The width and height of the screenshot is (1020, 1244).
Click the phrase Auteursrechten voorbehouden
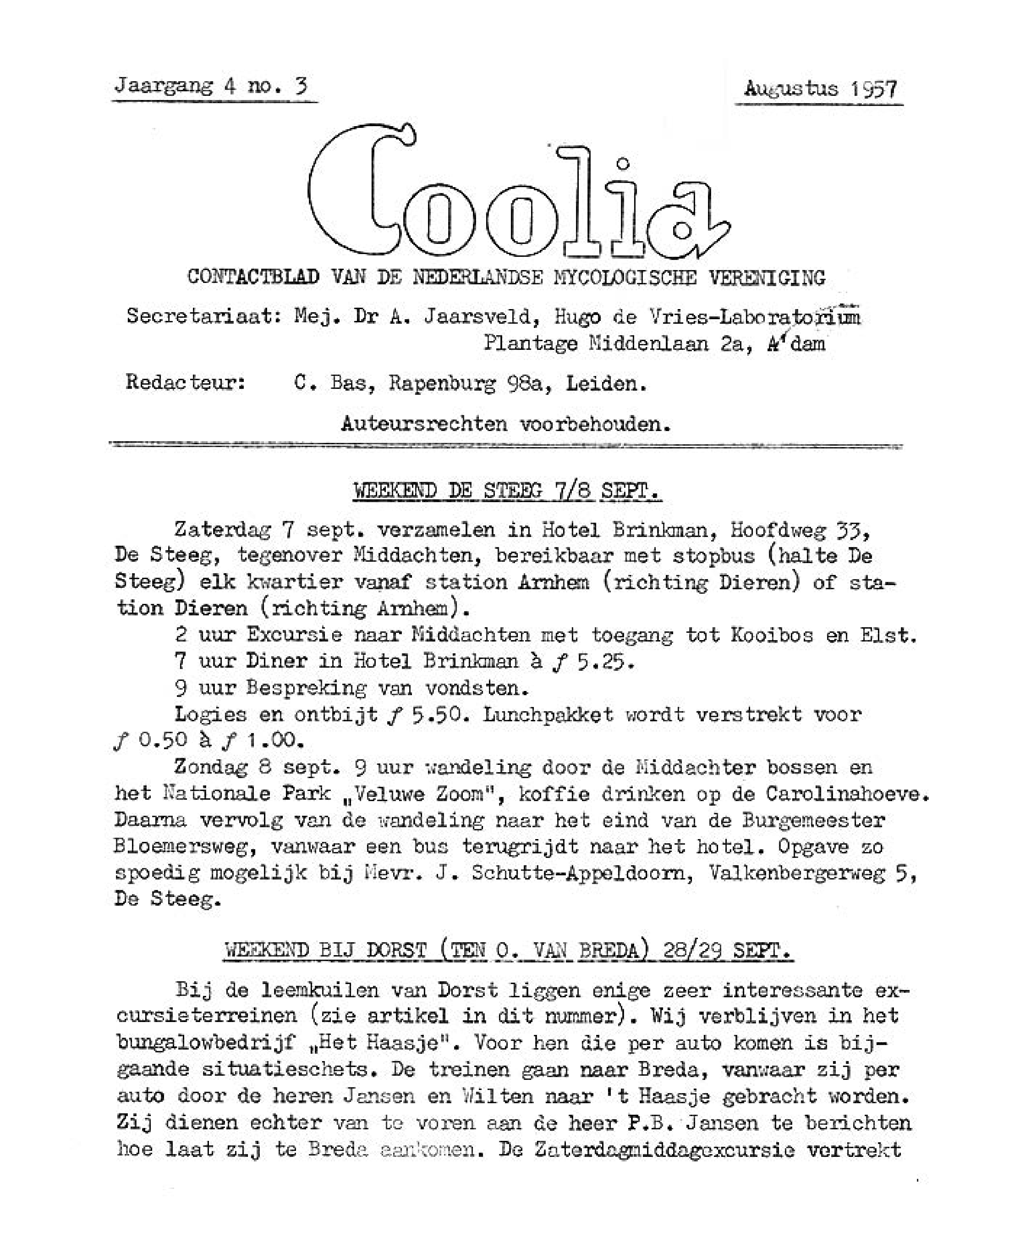pos(506,424)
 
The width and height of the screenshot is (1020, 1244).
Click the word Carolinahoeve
pos(847,794)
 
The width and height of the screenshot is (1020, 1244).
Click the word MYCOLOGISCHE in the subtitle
pos(625,277)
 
